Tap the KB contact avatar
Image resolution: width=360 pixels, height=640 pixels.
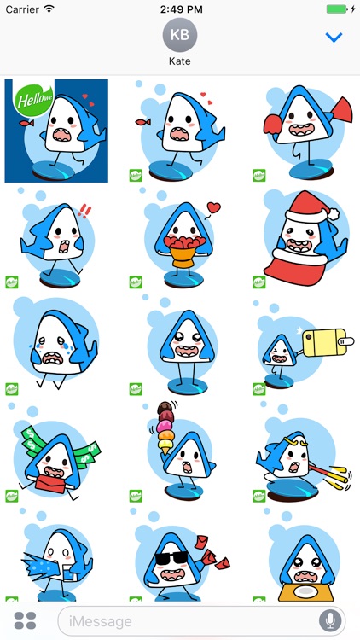point(180,35)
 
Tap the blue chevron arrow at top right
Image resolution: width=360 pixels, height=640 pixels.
point(334,38)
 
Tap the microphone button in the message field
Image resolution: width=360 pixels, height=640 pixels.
point(329,620)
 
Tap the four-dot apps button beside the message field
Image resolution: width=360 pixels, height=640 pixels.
point(26,620)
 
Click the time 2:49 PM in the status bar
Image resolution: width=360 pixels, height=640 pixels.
point(179,9)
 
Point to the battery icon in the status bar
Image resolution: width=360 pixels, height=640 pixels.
point(338,9)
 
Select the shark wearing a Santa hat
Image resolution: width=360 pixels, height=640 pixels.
point(303,239)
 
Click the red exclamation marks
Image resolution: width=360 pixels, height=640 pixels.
point(84,210)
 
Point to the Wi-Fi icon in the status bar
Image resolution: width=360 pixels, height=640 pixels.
point(49,9)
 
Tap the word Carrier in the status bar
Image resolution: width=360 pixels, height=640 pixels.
point(21,9)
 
